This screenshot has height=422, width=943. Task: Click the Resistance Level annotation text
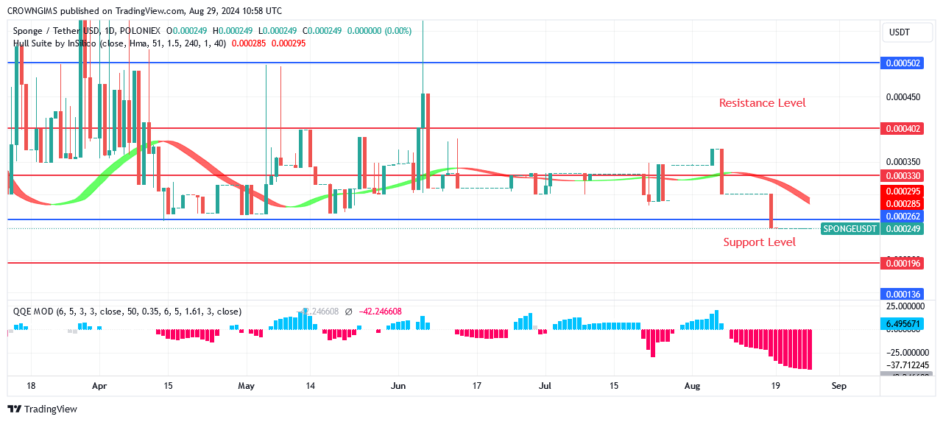(x=762, y=103)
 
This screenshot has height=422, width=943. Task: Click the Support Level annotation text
(x=759, y=242)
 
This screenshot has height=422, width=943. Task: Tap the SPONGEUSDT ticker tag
(x=850, y=229)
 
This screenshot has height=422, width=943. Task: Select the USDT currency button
(x=900, y=32)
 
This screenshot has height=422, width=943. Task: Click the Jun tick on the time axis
(x=398, y=385)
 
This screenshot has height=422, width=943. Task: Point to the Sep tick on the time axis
(x=838, y=385)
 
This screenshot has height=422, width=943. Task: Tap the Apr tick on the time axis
(x=100, y=385)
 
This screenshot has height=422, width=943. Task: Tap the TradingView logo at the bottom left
(x=43, y=409)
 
